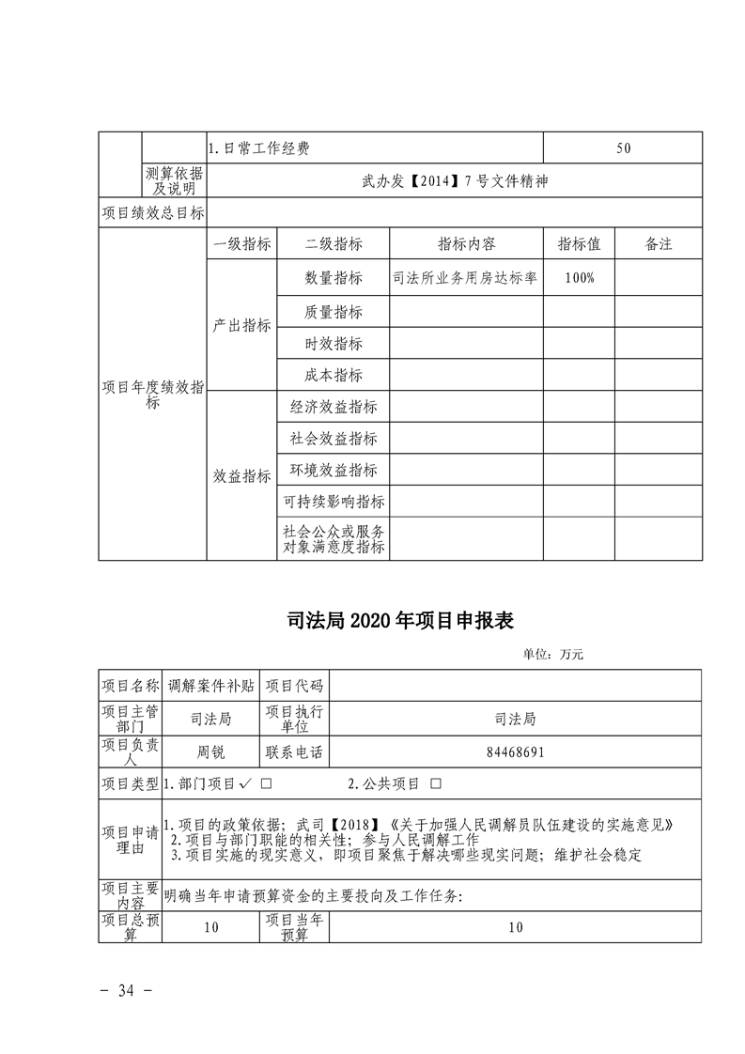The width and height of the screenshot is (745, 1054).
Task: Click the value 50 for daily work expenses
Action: click(624, 148)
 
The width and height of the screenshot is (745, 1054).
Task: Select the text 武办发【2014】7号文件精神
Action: click(454, 180)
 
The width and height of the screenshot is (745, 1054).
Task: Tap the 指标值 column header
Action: click(580, 244)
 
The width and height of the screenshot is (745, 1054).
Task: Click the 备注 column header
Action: click(659, 244)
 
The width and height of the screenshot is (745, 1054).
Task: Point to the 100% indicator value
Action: click(580, 278)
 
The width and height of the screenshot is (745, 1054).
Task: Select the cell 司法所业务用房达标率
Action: click(467, 278)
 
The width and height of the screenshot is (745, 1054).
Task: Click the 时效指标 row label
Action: click(334, 344)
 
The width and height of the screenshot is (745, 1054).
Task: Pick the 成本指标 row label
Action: click(334, 375)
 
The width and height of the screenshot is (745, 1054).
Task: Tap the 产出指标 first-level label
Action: click(242, 325)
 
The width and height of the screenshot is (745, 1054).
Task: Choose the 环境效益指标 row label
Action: click(334, 470)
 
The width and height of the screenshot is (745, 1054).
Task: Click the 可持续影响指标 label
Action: click(334, 502)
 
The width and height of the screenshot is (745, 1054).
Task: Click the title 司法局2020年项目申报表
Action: click(399, 620)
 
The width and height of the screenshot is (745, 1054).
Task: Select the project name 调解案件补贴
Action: click(210, 685)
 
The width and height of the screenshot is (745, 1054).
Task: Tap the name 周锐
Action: click(210, 752)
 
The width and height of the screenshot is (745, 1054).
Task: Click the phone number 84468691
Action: click(515, 752)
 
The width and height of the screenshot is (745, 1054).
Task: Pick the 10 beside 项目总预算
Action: click(210, 927)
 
